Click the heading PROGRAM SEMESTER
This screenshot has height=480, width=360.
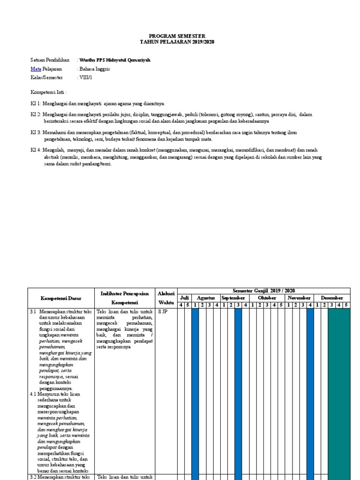[x=177, y=36]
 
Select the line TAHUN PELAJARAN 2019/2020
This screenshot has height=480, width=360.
[x=177, y=42]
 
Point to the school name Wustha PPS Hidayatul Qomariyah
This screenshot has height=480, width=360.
[x=115, y=60]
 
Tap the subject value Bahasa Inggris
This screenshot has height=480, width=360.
[x=95, y=69]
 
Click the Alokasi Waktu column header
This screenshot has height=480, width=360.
[x=166, y=298]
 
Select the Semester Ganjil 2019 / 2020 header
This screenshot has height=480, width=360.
[x=263, y=291]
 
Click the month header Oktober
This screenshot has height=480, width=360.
[x=267, y=298]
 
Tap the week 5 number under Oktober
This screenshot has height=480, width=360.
[x=281, y=305]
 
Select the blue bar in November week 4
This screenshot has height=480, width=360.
[x=310, y=394]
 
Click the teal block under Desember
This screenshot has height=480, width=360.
[x=338, y=394]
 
